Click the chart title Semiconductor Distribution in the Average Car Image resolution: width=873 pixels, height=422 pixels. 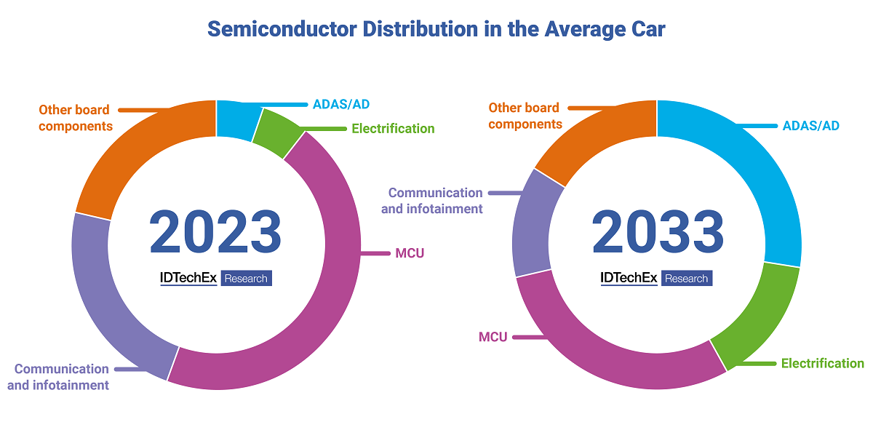tap(436, 29)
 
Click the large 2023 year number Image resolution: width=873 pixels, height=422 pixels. tap(215, 231)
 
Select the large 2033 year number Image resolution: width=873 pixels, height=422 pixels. tap(657, 231)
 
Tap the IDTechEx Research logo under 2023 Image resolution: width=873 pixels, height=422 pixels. tap(215, 279)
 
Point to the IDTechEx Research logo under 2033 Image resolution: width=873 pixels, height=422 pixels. tap(656, 279)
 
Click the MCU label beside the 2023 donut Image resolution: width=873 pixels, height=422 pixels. tap(410, 253)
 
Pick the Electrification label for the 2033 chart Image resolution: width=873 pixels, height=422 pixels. tap(822, 363)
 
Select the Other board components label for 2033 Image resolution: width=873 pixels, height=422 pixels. tap(525, 116)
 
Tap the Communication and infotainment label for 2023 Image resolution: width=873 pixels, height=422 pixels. tap(62, 377)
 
